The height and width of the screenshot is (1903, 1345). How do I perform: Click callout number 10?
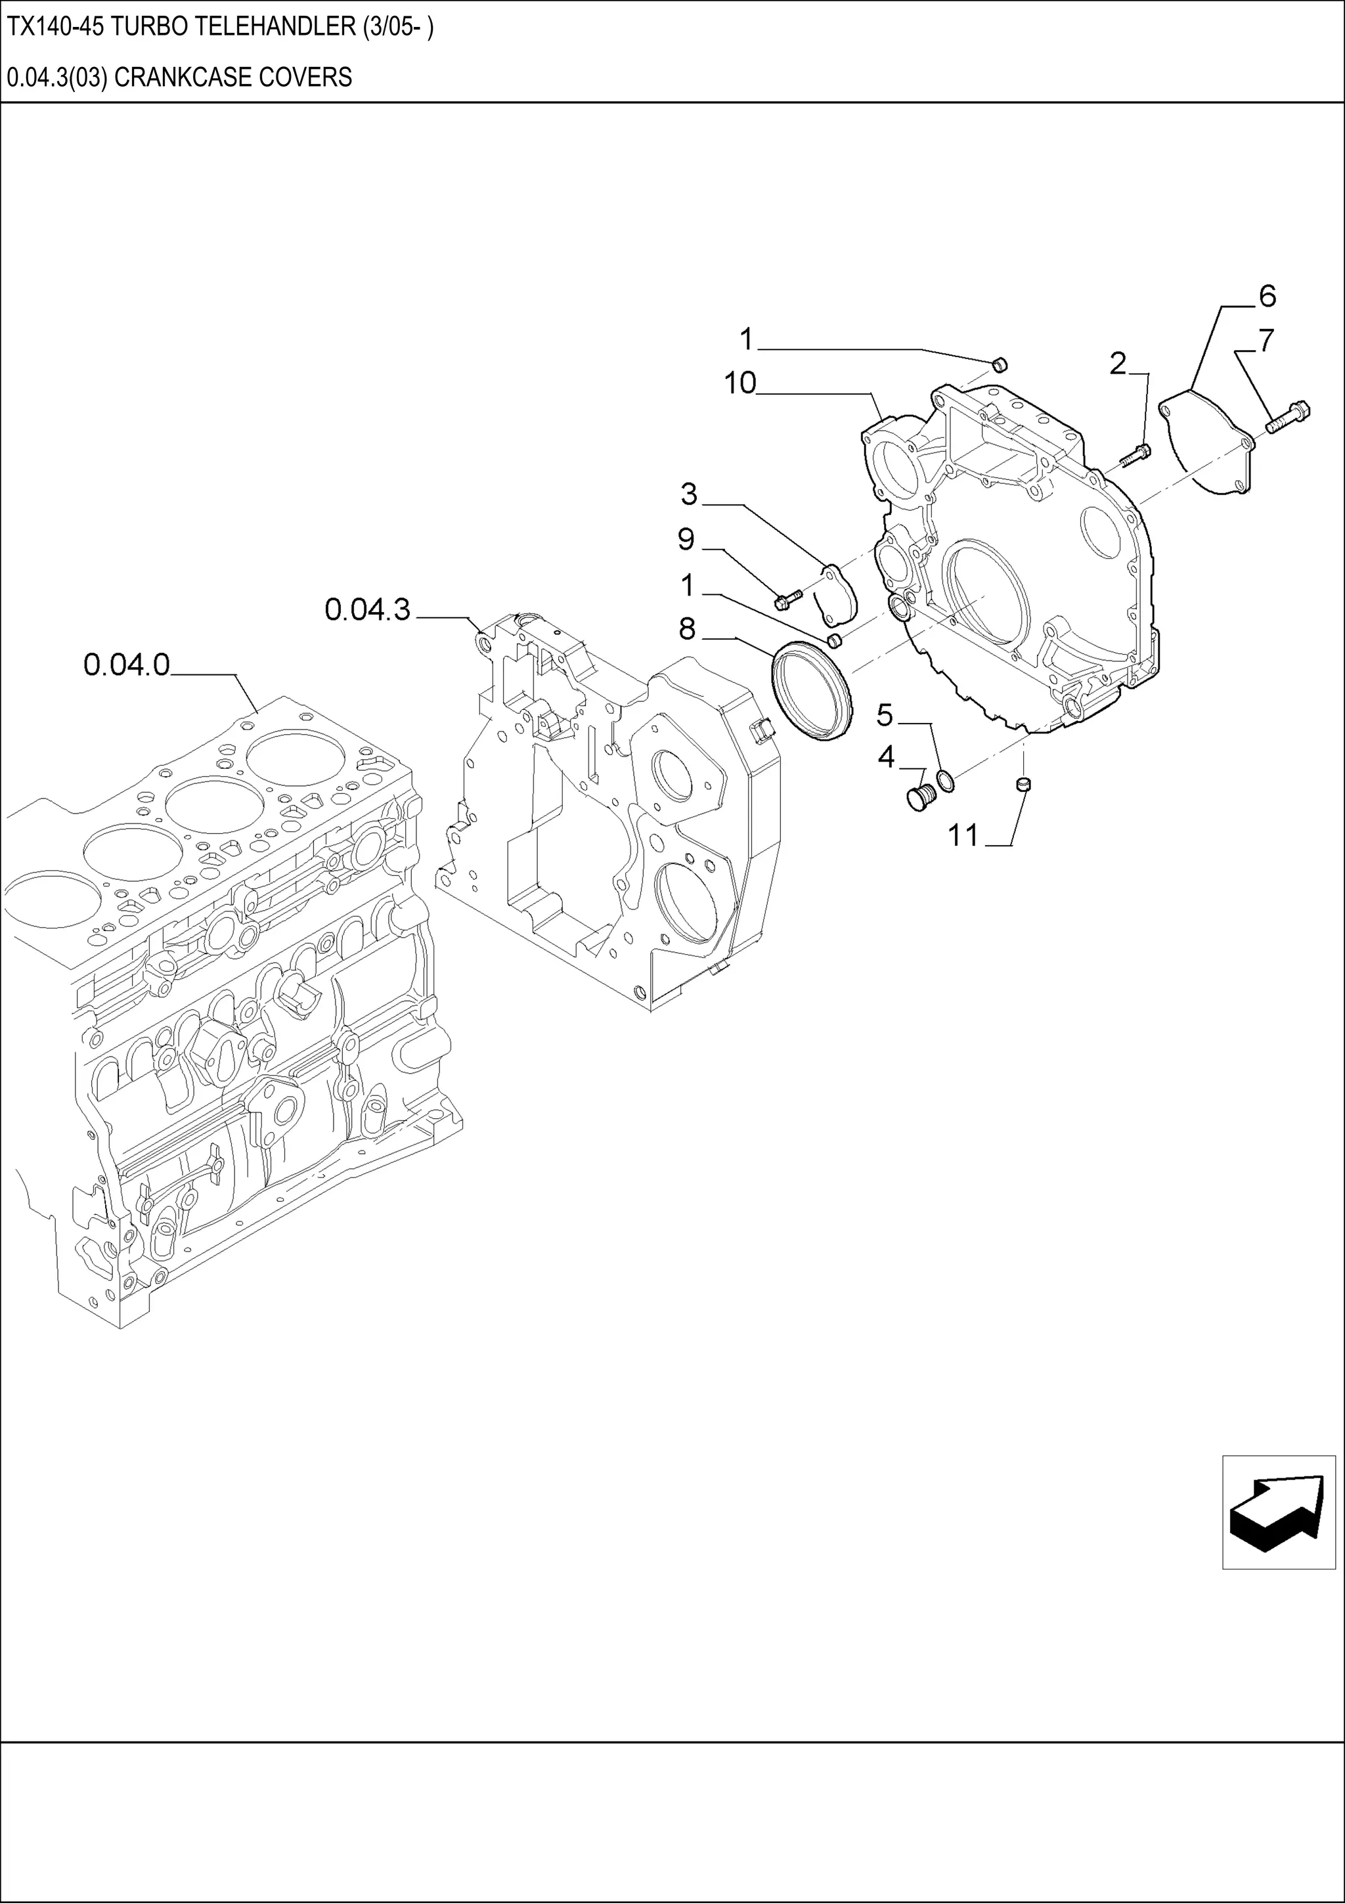739,383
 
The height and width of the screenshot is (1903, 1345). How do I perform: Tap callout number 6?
1266,296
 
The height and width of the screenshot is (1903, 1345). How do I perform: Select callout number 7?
1266,341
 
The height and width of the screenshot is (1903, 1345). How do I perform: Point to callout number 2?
1118,363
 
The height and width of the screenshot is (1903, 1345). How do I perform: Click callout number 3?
689,495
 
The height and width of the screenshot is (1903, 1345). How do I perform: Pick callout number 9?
686,540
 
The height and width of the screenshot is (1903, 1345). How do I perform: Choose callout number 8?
687,629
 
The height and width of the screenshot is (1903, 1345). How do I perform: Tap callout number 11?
963,835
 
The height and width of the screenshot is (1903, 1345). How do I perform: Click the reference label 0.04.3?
367,610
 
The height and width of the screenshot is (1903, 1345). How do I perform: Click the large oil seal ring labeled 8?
811,689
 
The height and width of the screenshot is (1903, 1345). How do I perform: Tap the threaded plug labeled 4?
920,797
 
